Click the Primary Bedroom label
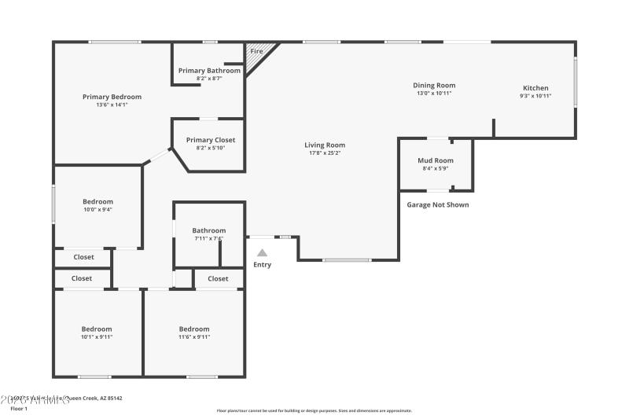[x=112, y=97]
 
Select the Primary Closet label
[x=210, y=140]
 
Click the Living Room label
[x=325, y=145]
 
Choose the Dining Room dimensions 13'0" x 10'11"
[x=434, y=94]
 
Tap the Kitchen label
[x=535, y=88]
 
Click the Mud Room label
[x=435, y=160]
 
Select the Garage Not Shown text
[x=437, y=205]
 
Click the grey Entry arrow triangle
[x=262, y=252]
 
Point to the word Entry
[x=262, y=265]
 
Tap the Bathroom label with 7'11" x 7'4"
[x=208, y=230]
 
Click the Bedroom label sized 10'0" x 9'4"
[x=97, y=201]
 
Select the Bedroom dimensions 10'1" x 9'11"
[x=97, y=336]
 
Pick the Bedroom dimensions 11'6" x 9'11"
[x=194, y=336]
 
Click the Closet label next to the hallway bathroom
[x=218, y=278]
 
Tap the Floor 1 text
[x=19, y=409]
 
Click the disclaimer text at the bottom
[x=314, y=410]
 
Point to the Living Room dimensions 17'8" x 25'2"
[x=325, y=153]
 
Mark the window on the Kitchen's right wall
[x=575, y=81]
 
